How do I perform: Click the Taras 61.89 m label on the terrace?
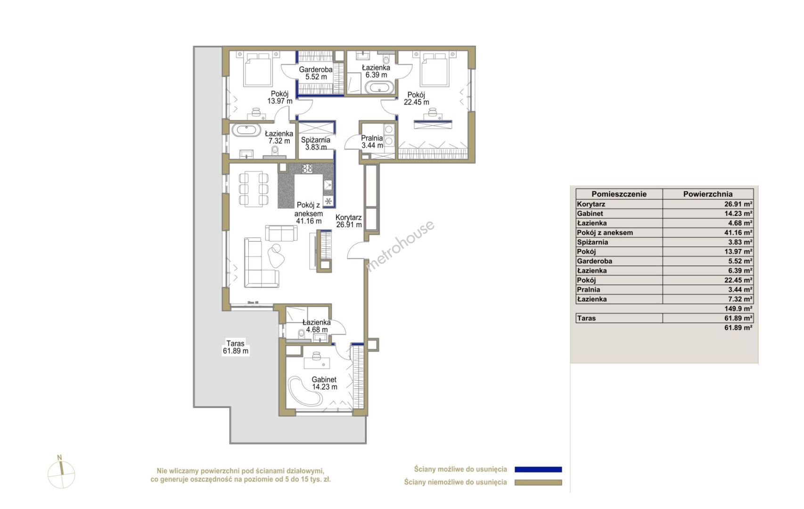pos(236,347)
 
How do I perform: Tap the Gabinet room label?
pos(324,383)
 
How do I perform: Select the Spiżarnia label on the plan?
pos(315,143)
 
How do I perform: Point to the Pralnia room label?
pos(372,141)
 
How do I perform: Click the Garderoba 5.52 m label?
pos(316,73)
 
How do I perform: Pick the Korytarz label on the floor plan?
pos(349,221)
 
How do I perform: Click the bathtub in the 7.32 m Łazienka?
pos(246,130)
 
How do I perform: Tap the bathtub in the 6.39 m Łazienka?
pos(379,88)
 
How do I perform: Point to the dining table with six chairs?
pos(254,189)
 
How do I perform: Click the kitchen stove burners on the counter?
pos(307,168)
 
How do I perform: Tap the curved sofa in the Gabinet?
pos(306,392)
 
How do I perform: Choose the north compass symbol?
pos(61,473)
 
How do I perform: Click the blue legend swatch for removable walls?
pos(538,469)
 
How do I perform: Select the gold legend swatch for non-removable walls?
pos(538,483)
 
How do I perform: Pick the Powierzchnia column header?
pos(708,194)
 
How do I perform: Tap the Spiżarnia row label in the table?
pos(592,242)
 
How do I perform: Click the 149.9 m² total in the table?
pos(738,309)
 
